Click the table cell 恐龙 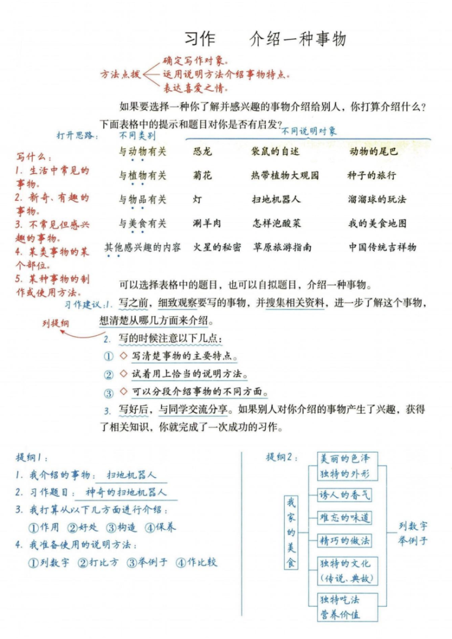tap(203, 152)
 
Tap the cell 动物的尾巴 tap(373, 152)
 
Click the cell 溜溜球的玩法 tap(377, 200)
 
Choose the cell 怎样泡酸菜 tap(277, 223)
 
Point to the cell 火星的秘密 tap(217, 247)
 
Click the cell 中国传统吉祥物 tap(382, 247)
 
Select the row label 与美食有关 tap(143, 223)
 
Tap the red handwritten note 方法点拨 tap(121, 74)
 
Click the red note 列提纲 tap(56, 323)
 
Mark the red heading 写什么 tap(34, 157)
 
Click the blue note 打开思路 tap(78, 135)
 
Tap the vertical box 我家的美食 tap(291, 532)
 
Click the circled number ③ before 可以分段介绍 tap(109, 393)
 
